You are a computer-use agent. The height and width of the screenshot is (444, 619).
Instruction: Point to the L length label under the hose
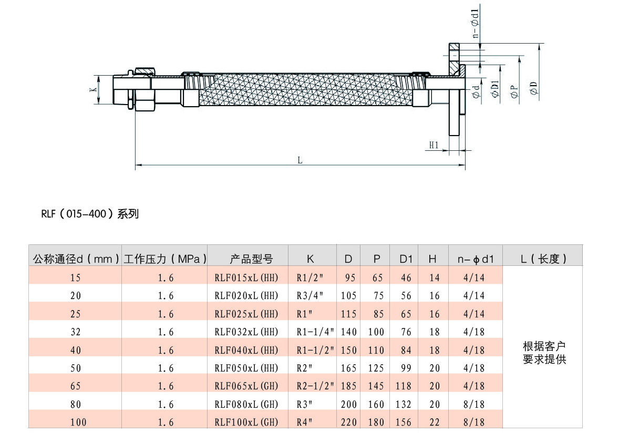[x=300, y=160]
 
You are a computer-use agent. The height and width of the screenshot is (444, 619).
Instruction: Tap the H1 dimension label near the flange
[x=434, y=145]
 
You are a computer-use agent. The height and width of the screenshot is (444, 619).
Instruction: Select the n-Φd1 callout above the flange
[x=476, y=24]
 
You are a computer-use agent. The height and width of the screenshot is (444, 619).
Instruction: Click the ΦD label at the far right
[x=534, y=88]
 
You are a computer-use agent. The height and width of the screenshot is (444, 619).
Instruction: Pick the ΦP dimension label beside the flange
[x=514, y=91]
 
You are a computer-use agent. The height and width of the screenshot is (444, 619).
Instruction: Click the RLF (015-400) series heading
[x=90, y=214]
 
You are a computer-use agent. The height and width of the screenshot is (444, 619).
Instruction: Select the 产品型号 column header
[x=252, y=259]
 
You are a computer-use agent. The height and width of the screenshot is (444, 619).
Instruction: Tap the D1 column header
[x=406, y=259]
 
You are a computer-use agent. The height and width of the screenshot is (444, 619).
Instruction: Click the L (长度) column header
[x=544, y=259]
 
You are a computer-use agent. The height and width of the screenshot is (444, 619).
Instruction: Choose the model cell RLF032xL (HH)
[x=246, y=332]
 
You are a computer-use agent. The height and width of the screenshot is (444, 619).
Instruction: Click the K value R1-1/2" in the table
[x=315, y=350]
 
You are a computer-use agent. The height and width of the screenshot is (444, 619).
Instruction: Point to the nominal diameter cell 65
[x=75, y=386]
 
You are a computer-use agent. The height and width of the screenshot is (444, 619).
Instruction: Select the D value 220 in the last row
[x=349, y=422]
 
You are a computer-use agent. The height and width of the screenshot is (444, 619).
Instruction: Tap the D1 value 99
[x=406, y=368]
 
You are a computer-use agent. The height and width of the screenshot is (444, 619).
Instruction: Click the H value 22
[x=435, y=422]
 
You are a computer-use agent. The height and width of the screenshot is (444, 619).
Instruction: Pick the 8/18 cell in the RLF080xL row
[x=474, y=404]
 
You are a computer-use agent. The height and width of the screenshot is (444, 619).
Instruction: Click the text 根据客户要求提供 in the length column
[x=544, y=353]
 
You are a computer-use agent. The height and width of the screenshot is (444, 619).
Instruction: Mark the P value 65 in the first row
[x=378, y=278]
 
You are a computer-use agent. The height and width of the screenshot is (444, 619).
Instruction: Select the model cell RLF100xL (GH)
[x=246, y=422]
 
